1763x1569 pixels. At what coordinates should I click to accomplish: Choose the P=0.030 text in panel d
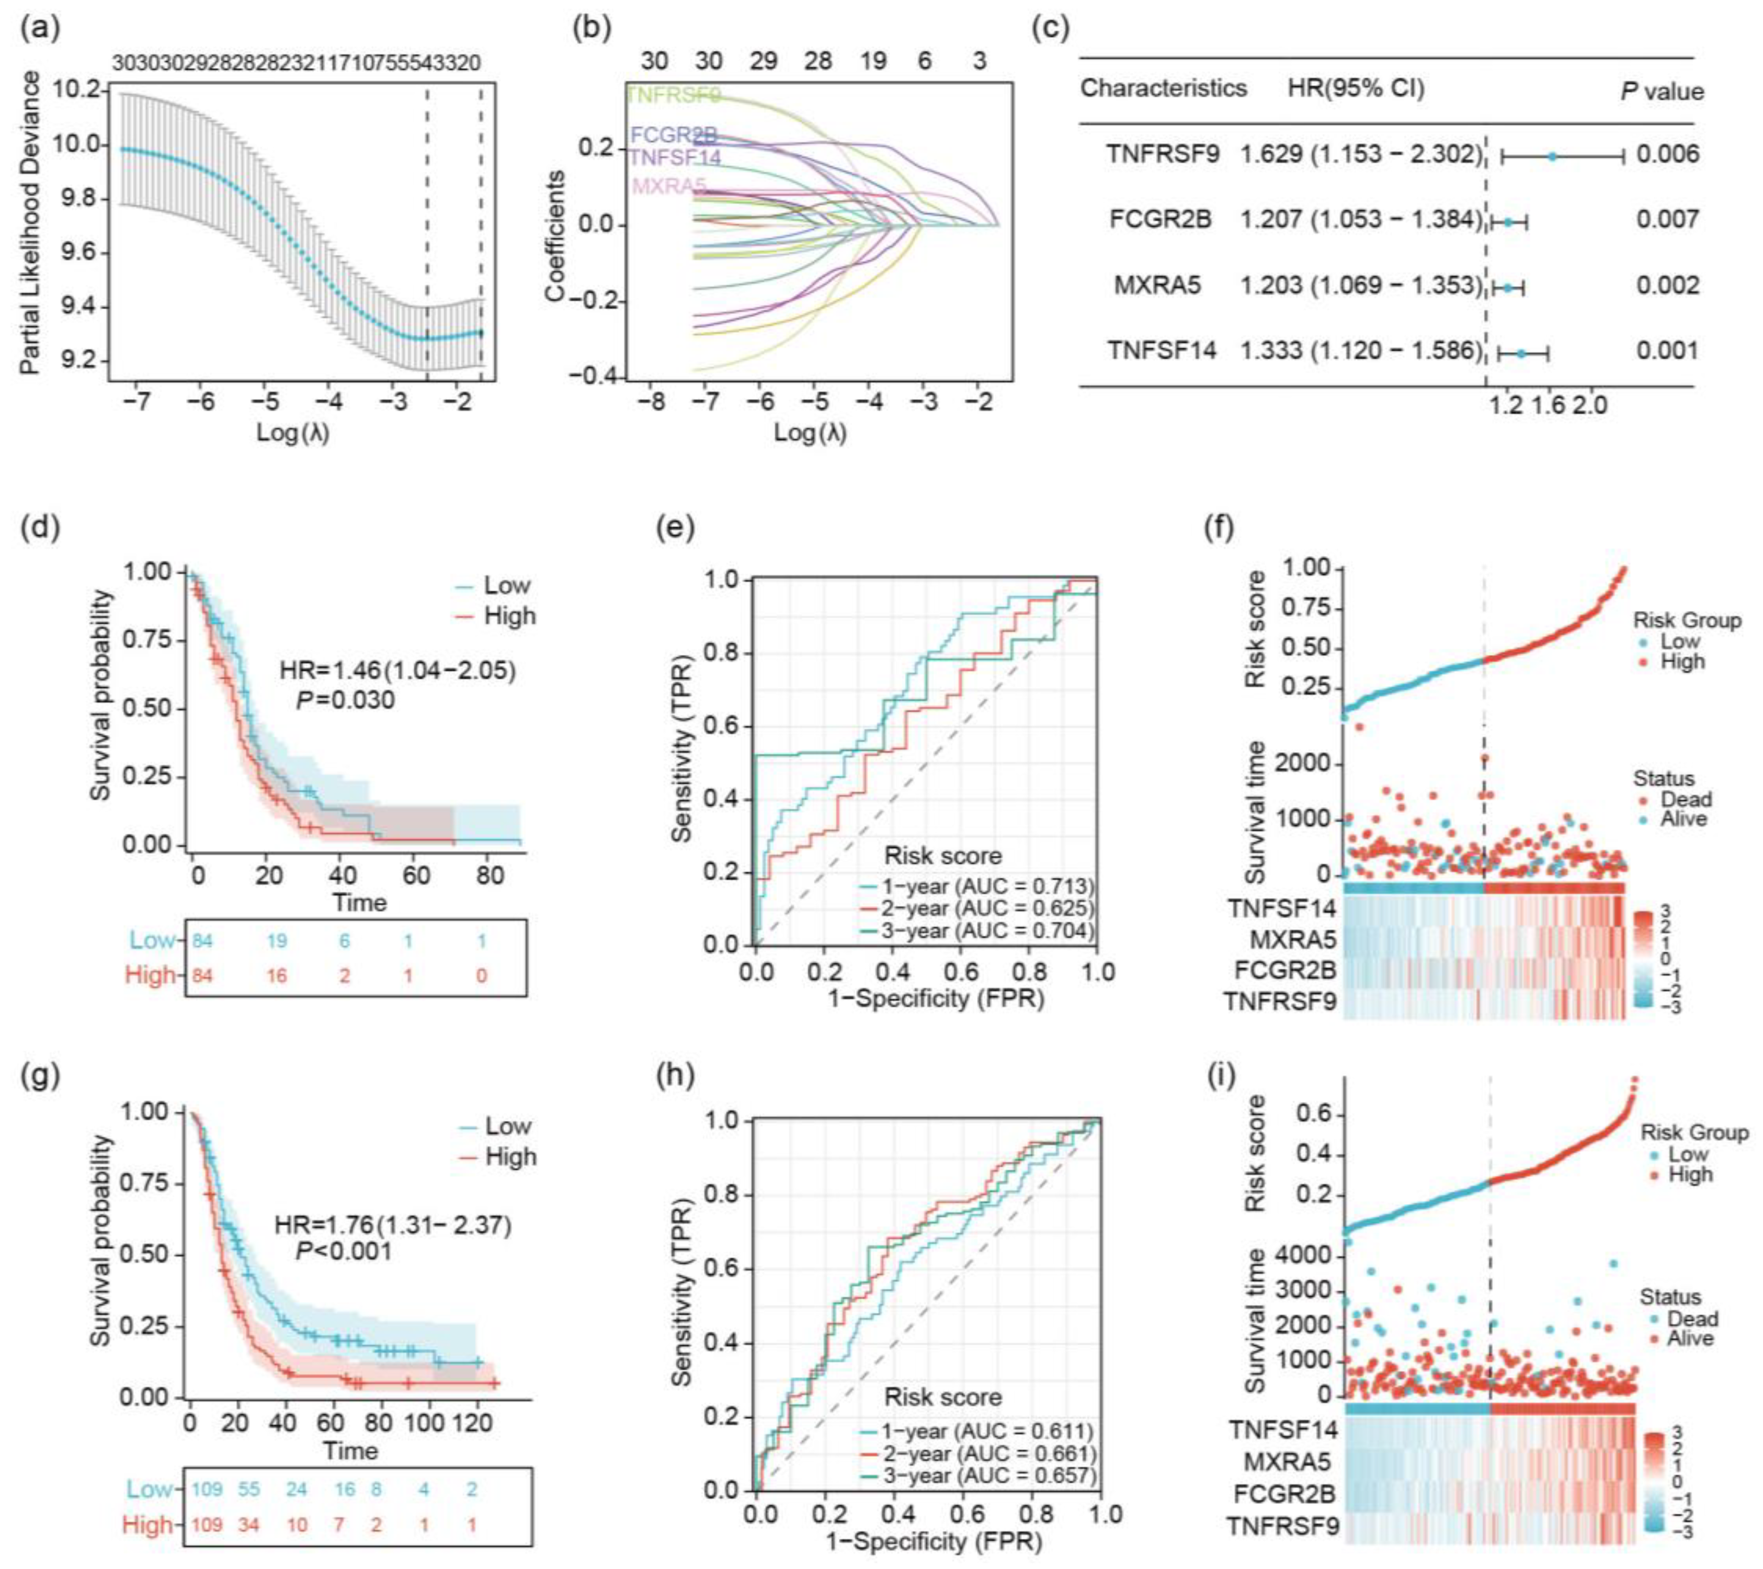(x=345, y=700)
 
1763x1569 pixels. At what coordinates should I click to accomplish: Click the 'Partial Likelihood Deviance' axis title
(x=30, y=223)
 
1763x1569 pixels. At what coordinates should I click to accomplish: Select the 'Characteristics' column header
(x=1164, y=88)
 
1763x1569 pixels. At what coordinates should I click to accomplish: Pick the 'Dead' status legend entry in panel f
(x=1686, y=800)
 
